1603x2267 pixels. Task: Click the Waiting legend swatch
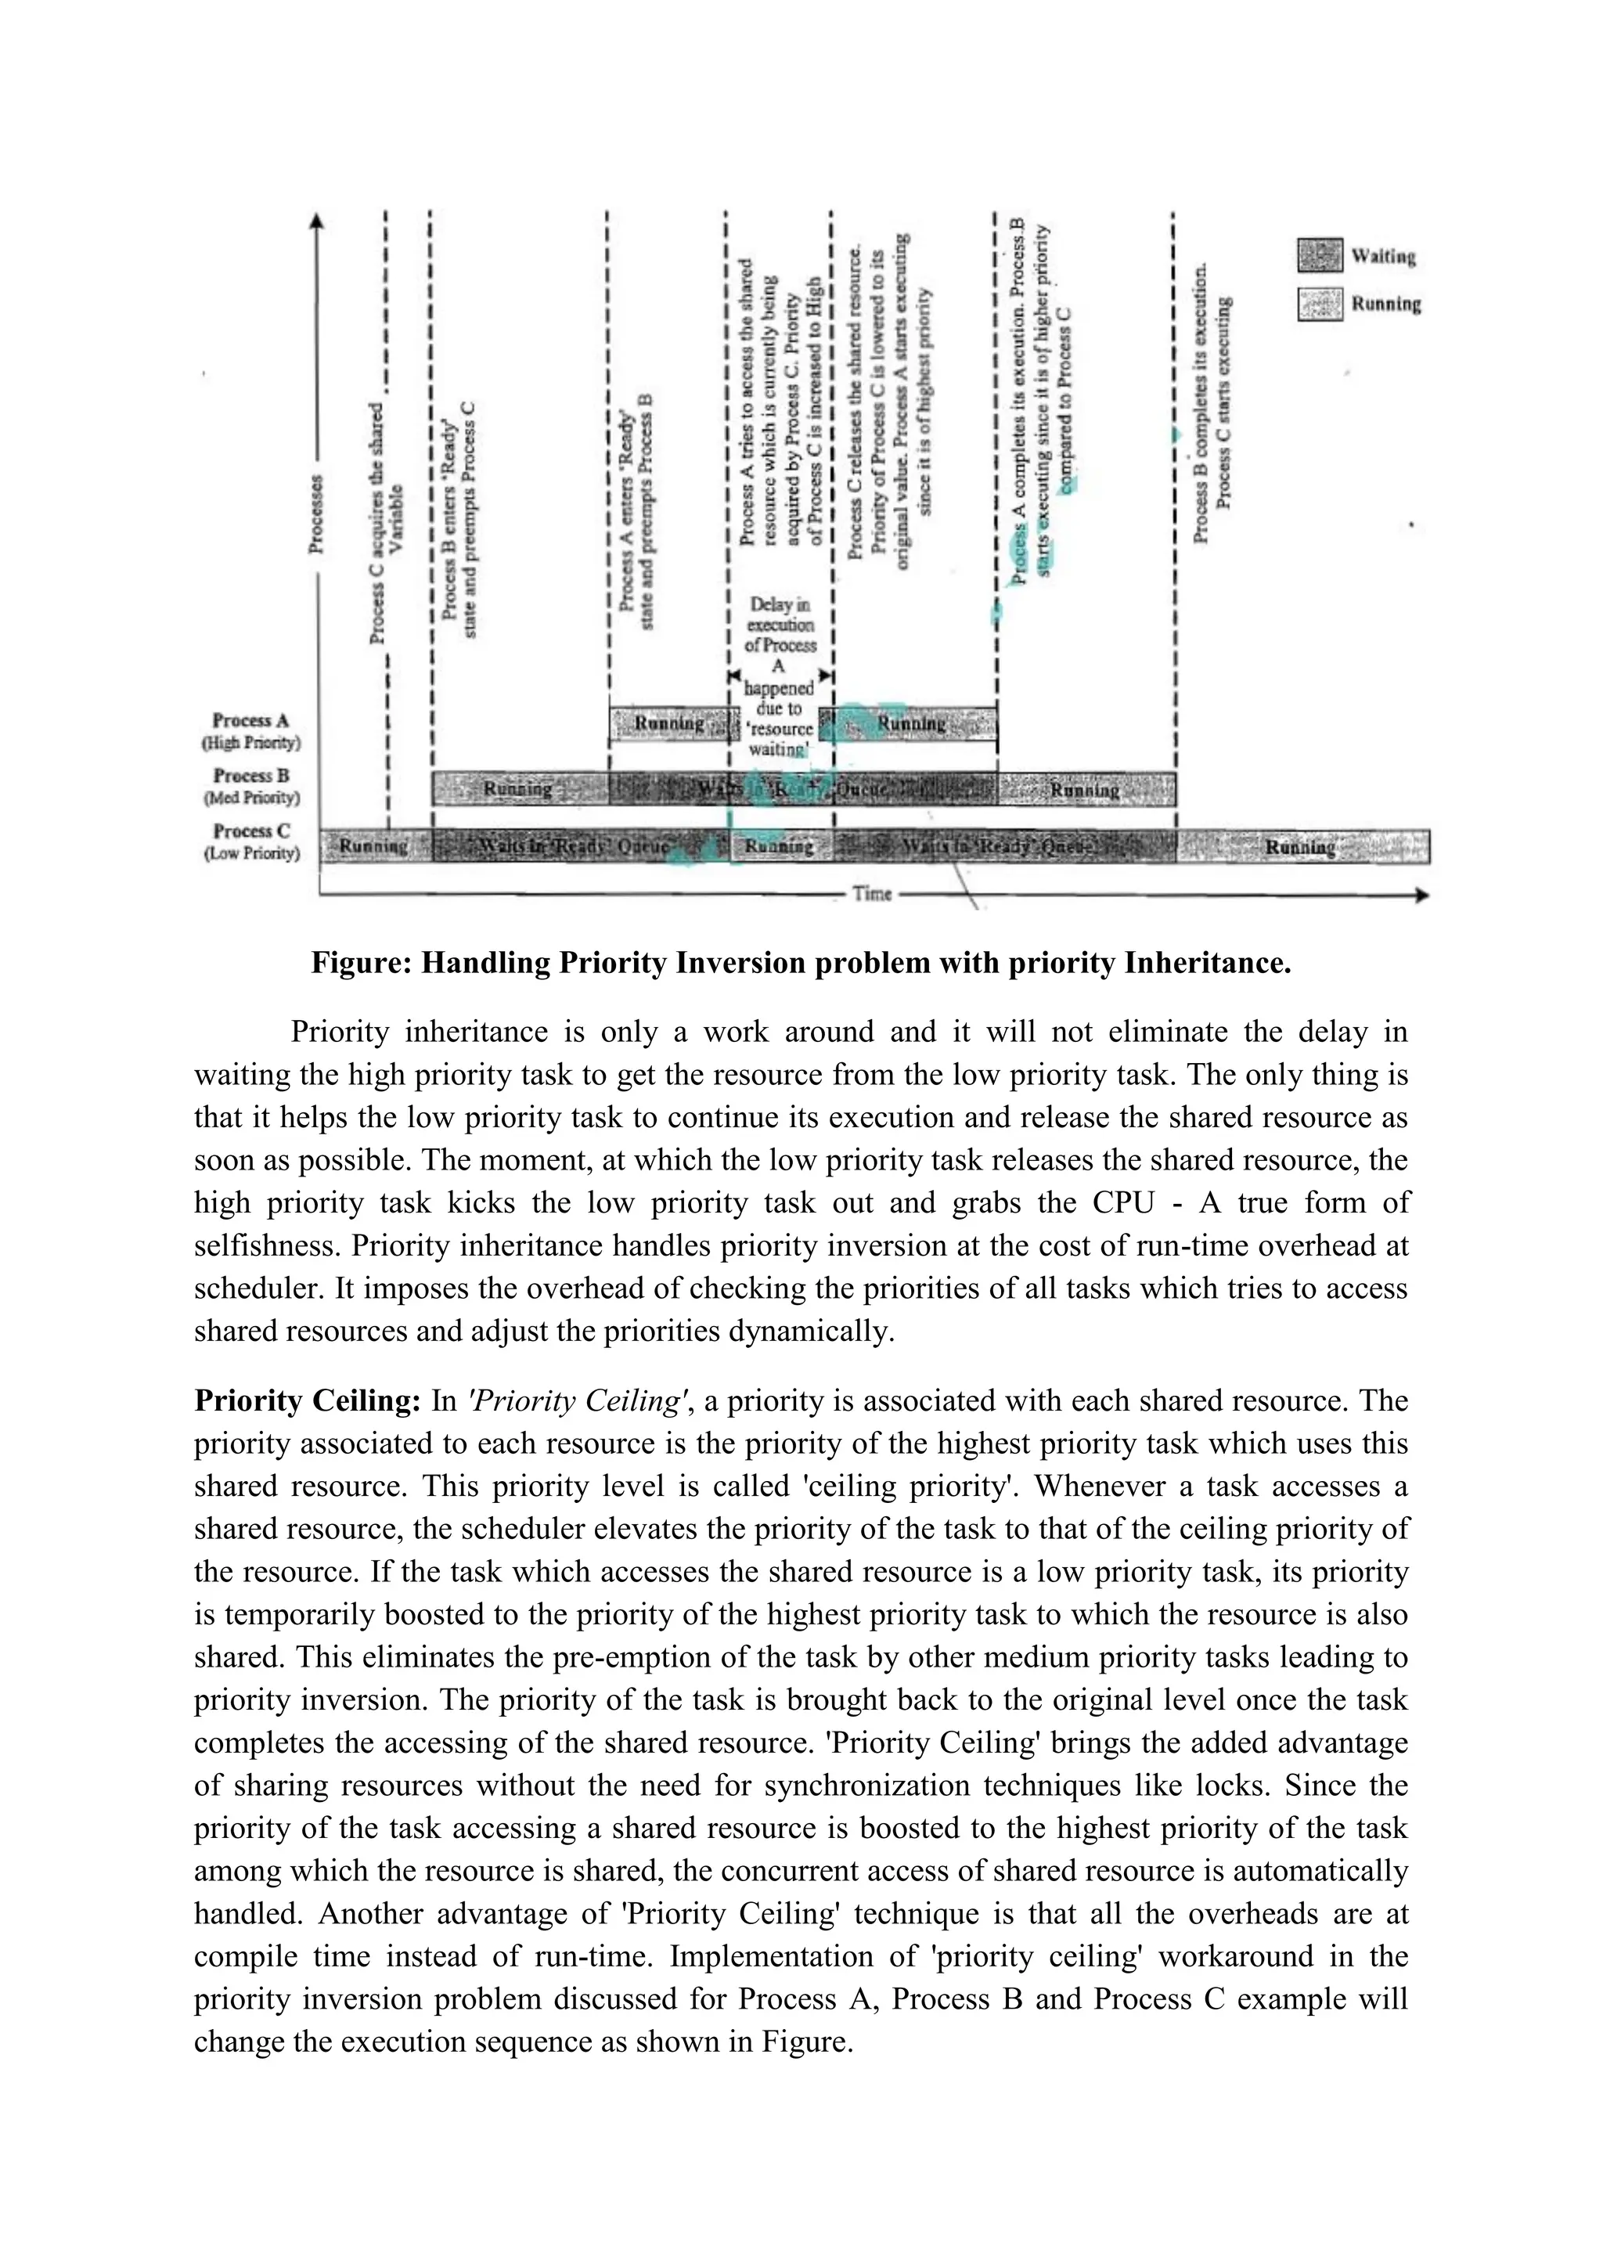1320,256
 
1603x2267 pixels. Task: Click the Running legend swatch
1320,304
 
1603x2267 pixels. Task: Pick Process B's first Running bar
519,789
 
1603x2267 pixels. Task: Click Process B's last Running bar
1085,790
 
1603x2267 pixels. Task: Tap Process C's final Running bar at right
1301,846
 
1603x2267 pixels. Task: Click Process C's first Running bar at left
374,846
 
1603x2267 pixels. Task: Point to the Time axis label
872,893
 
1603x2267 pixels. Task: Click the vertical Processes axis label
316,514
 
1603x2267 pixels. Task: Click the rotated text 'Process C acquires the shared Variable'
386,524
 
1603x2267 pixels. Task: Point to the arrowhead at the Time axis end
1422,895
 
